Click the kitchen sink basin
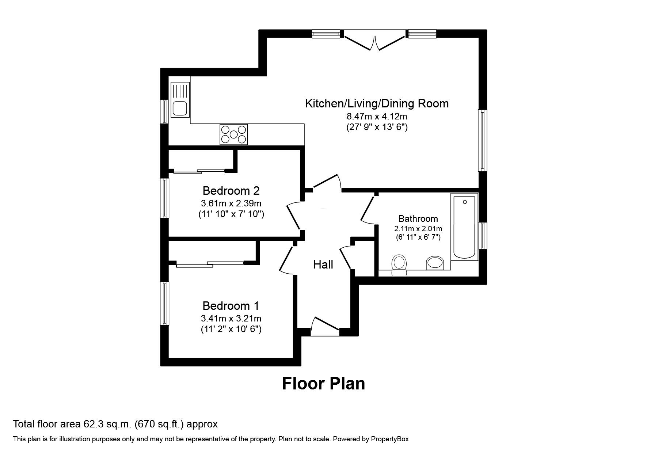[180, 109]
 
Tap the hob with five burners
[233, 134]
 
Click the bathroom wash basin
[435, 263]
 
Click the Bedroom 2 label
[231, 191]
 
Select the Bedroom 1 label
[231, 305]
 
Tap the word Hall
[323, 264]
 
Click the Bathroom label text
[418, 219]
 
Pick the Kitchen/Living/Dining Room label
[377, 103]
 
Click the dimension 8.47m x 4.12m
[377, 117]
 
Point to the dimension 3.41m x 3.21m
[231, 318]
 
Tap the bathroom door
[367, 210]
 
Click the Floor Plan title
[323, 384]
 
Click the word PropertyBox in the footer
[390, 439]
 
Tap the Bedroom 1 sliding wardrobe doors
[210, 264]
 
